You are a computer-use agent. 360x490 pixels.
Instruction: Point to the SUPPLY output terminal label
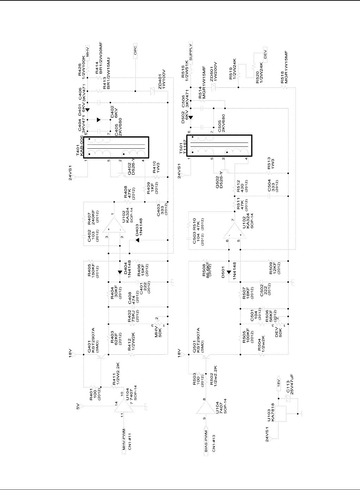click(191, 51)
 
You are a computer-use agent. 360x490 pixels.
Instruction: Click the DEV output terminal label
click(265, 55)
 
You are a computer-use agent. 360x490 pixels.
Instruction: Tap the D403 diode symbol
click(137, 240)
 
